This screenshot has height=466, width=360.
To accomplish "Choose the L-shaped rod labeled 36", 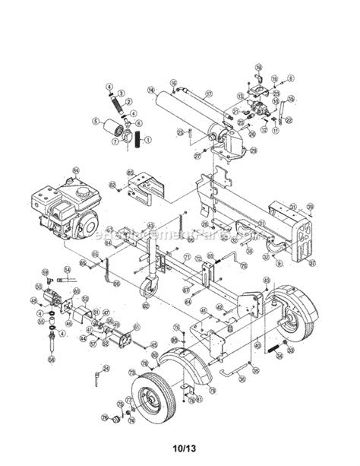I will pyautogui.click(x=243, y=370).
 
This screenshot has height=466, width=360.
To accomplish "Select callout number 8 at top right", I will pyautogui.click(x=290, y=78).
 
